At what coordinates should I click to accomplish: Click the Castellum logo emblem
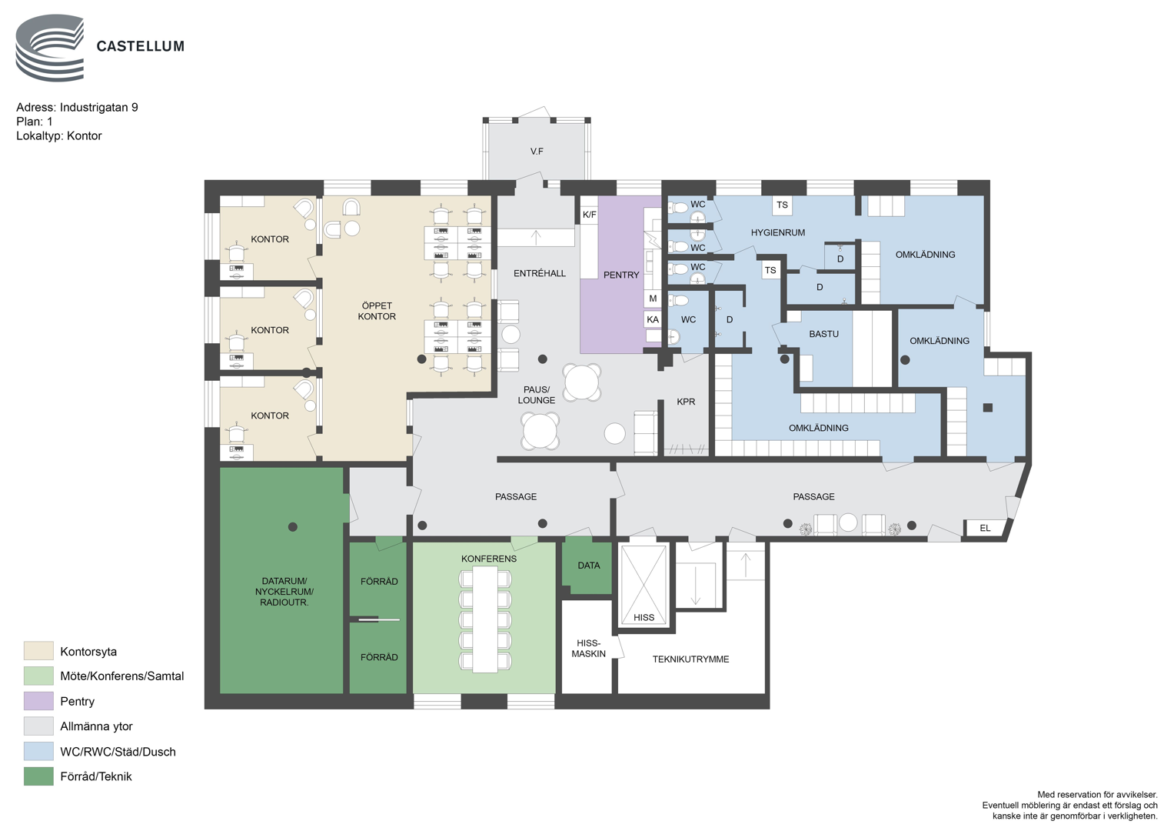[x=50, y=48]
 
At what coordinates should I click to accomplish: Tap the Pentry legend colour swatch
[x=38, y=701]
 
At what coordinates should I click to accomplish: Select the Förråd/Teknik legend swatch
[x=38, y=776]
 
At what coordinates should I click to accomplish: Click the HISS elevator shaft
[x=644, y=585]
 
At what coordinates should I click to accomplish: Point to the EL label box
[x=986, y=528]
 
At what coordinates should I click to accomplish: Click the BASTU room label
[x=823, y=334]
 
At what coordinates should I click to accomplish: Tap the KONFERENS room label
[x=488, y=559]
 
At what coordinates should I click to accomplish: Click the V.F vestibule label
[x=536, y=152]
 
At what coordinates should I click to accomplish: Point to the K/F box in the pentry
[x=589, y=215]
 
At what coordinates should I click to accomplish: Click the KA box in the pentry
[x=653, y=319]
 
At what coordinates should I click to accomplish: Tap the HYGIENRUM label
[x=778, y=232]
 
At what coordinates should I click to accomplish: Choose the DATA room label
[x=589, y=566]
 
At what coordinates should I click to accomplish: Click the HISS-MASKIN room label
[x=589, y=649]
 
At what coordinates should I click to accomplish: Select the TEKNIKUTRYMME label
[x=690, y=659]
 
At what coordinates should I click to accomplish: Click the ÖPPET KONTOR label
[x=376, y=311]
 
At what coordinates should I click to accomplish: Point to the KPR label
[x=686, y=402]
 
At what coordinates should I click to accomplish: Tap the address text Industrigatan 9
[x=98, y=108]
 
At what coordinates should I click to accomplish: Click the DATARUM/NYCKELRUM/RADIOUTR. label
[x=284, y=592]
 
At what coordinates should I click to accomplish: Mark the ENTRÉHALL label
[x=539, y=273]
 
